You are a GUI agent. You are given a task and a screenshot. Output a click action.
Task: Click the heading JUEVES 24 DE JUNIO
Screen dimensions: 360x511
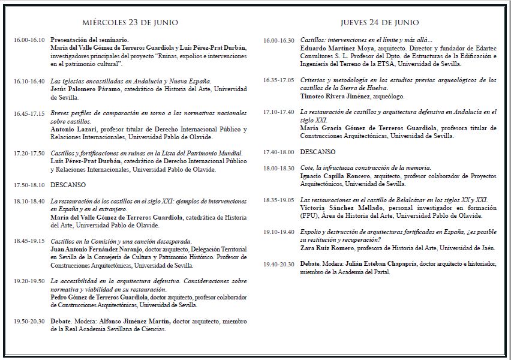tap(380, 23)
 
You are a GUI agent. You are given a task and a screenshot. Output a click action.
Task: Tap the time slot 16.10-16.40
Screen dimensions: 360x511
tap(29, 81)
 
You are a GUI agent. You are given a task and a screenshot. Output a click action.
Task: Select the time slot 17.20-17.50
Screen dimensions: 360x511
tap(29, 154)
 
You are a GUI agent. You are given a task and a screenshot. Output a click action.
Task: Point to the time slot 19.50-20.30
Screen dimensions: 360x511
tap(29, 322)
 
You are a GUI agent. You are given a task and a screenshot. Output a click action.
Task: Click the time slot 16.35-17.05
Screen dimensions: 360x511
tap(278, 80)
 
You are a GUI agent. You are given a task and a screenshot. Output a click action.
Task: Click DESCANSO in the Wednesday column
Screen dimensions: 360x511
tap(68, 185)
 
